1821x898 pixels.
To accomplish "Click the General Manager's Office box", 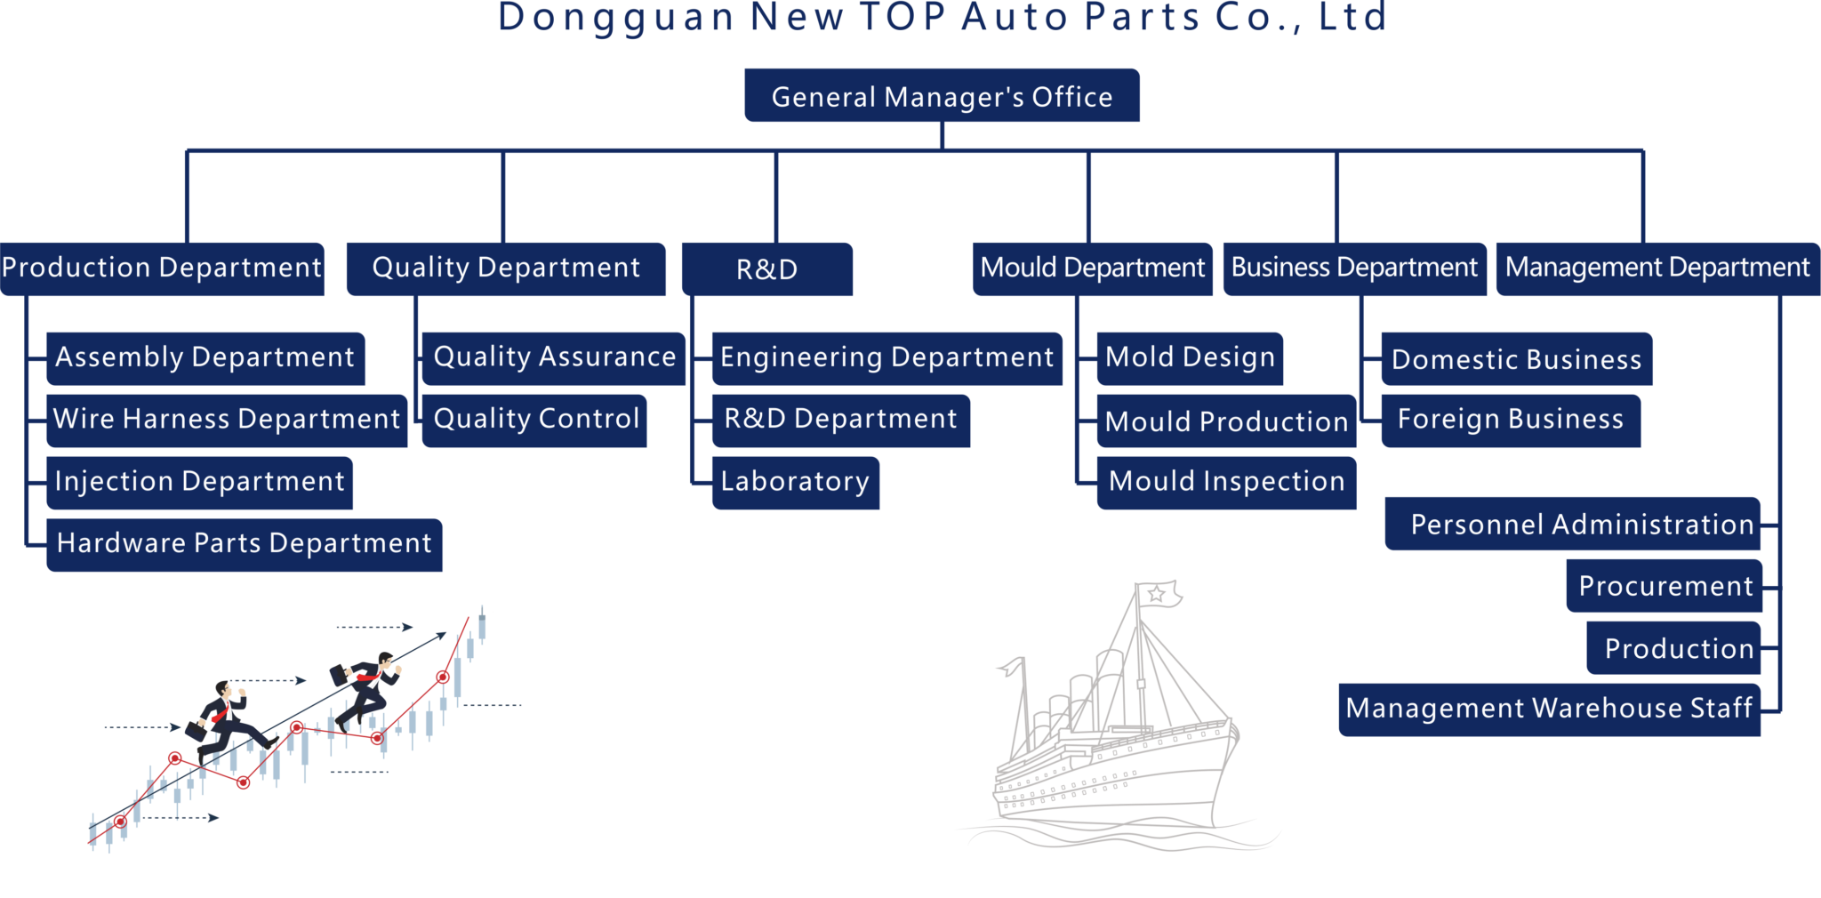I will (x=942, y=96).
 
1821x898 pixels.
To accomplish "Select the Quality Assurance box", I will (x=554, y=357).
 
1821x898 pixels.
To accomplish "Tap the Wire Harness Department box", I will (x=227, y=420).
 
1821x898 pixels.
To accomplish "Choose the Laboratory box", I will (x=795, y=482).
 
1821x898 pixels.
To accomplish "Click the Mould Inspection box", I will (x=1226, y=482).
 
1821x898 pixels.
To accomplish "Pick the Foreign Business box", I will (x=1510, y=420).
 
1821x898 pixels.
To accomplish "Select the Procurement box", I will (x=1665, y=586).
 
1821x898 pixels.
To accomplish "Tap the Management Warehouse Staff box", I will (x=1549, y=709).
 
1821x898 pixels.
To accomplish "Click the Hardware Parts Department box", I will (x=244, y=543).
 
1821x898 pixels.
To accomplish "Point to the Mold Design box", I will (x=1190, y=357).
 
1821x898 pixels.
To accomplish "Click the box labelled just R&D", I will (x=766, y=269).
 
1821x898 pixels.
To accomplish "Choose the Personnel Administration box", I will (x=1572, y=525).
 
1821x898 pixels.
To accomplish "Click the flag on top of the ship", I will (x=1159, y=593).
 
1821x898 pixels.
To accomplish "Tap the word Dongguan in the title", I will (x=615, y=18).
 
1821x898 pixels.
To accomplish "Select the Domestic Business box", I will (x=1516, y=359).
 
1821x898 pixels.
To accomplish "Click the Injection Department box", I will (x=199, y=482).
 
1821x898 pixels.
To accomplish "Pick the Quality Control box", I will (x=535, y=420).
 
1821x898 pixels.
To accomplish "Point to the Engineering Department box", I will (x=886, y=357).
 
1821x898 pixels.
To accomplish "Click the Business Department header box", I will (x=1354, y=268).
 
